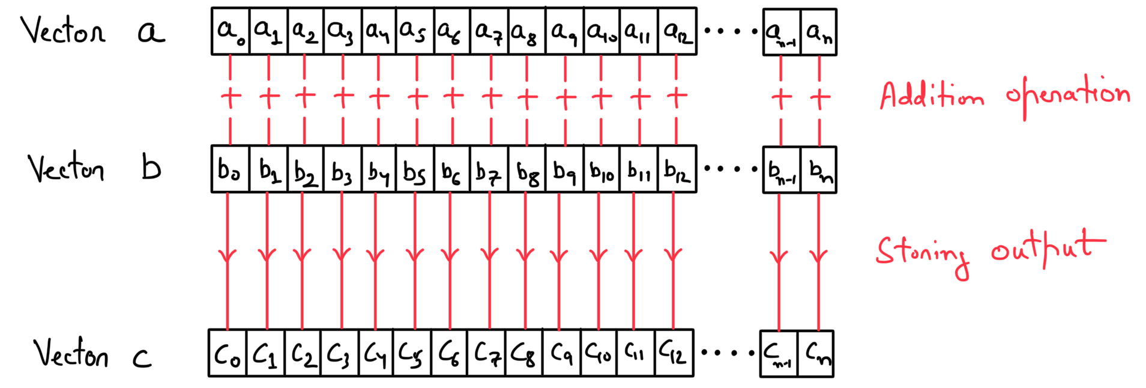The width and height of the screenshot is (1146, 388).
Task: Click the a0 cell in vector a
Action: tap(231, 31)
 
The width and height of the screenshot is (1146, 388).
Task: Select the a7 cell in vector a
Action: tap(489, 31)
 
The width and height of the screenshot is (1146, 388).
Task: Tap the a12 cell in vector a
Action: tap(677, 31)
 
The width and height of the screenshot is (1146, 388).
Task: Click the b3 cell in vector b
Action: tap(342, 169)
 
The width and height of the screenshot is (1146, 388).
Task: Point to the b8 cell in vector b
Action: tap(527, 169)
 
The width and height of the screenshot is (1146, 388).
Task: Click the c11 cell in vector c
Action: tap(636, 353)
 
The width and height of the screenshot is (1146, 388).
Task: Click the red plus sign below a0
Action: tap(231, 97)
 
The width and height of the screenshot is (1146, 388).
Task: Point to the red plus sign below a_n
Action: tap(819, 97)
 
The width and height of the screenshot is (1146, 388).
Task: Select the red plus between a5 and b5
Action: tap(417, 97)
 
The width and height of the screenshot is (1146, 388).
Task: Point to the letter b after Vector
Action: tap(151, 168)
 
